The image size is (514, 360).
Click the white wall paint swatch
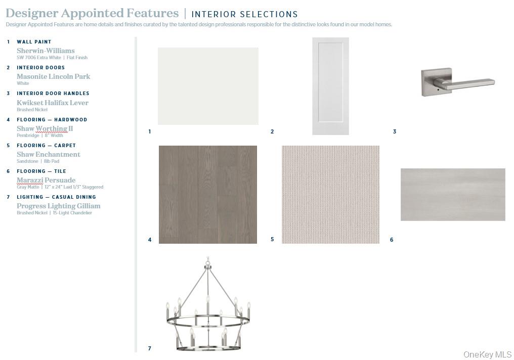(208, 86)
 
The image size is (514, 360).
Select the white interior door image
(330, 86)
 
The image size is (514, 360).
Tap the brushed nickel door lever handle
(458, 82)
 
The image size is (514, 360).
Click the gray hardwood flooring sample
(208, 195)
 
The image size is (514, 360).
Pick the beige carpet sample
(330, 195)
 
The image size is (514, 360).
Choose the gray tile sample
(453, 195)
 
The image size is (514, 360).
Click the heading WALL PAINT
(34, 42)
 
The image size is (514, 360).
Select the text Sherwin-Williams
(46, 51)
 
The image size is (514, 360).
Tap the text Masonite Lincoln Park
(54, 77)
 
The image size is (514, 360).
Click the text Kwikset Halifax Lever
(53, 103)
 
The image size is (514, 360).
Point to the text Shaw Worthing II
(45, 129)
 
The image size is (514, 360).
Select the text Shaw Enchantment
(49, 155)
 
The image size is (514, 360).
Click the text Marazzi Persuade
(46, 180)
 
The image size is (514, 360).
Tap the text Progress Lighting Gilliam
(59, 206)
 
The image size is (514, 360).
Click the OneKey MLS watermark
(488, 354)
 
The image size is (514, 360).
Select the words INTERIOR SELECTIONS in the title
(244, 15)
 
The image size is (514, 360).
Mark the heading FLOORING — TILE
(41, 171)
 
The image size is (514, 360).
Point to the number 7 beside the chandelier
(149, 348)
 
